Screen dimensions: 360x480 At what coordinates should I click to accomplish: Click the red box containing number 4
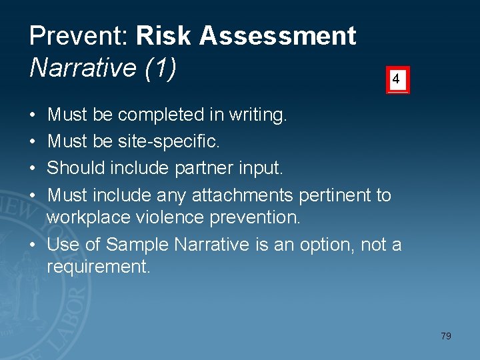397,80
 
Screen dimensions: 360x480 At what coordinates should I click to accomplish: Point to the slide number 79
445,336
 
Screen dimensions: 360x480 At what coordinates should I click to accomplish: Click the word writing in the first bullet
257,115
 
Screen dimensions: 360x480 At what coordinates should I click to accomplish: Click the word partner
203,169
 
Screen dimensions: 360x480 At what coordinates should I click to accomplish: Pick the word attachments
243,195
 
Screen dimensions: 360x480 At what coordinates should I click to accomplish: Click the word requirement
98,268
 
